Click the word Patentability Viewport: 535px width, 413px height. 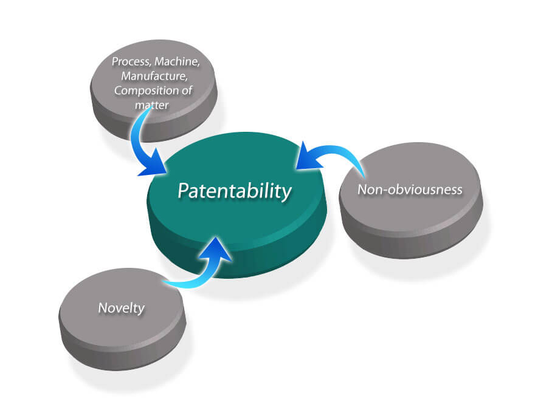tap(235, 191)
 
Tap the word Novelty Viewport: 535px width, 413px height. tap(122, 309)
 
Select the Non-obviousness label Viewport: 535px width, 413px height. tap(410, 189)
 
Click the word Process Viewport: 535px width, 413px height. tap(131, 62)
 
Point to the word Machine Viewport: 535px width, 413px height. tap(178, 62)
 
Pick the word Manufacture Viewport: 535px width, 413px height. tap(154, 76)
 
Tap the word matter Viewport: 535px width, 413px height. tap(152, 105)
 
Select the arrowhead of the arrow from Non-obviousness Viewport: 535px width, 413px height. tap(307, 157)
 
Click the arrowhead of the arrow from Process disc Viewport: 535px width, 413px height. tap(154, 163)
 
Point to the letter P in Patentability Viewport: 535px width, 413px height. tap(183, 191)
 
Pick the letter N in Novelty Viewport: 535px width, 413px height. tap(102, 308)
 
